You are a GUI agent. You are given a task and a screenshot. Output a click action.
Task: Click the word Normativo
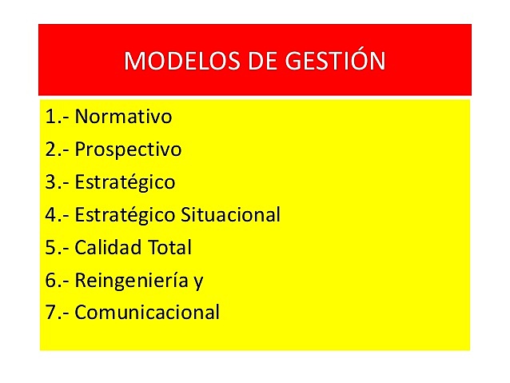(123, 117)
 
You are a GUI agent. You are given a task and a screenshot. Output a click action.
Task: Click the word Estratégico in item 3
(125, 182)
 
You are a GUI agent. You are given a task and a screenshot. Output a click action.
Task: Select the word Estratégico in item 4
(125, 215)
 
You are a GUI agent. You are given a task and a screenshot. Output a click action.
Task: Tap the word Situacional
(231, 215)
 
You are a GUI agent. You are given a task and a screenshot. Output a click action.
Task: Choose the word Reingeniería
(128, 281)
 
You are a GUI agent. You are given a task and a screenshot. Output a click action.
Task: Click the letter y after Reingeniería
(190, 282)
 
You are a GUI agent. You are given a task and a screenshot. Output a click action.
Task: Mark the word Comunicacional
(147, 313)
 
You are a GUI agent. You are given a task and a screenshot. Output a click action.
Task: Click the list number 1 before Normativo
(51, 117)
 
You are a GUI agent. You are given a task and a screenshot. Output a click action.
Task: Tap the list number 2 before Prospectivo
(51, 150)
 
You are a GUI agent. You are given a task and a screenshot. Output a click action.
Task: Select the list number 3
(51, 182)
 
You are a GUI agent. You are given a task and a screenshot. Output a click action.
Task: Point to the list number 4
(51, 215)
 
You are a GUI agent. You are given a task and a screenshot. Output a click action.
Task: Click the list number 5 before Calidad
(51, 248)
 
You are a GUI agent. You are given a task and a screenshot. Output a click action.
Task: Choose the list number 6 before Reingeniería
(51, 281)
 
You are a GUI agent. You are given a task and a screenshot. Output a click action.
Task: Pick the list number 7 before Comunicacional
(51, 313)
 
